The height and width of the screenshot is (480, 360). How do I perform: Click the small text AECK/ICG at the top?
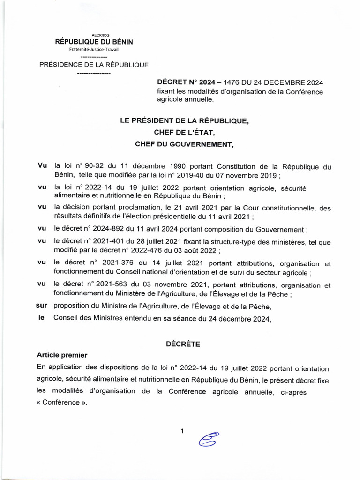pos(94,35)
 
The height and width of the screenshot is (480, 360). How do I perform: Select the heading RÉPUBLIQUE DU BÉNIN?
pos(94,42)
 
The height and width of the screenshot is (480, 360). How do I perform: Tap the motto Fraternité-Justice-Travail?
pos(94,50)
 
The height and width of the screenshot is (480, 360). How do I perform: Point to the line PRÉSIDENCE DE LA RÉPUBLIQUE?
pos(94,65)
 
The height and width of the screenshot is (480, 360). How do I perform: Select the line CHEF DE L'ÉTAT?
pos(184,133)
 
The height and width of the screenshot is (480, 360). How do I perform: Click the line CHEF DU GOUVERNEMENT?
pos(184,144)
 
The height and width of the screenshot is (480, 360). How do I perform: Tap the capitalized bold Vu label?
pos(42,166)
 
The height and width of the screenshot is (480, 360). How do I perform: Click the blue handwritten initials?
pos(209,439)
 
